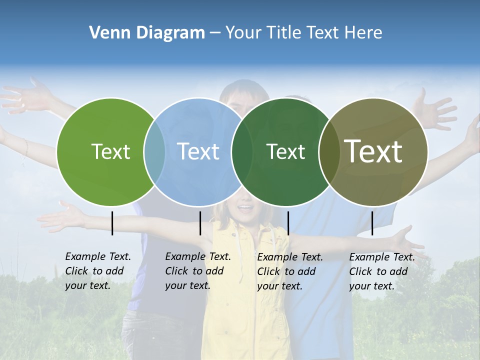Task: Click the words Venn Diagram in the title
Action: point(147,33)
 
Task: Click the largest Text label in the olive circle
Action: point(373,151)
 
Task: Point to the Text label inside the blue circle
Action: point(198,151)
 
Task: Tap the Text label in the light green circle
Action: point(111,151)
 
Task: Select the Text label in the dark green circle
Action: point(285,151)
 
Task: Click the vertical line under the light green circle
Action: point(112,223)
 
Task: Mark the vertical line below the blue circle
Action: point(200,223)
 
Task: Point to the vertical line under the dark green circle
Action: point(288,223)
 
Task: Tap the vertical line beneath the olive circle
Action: point(372,223)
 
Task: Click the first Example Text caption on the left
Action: point(98,271)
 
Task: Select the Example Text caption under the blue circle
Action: point(198,271)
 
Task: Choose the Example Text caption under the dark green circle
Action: point(290,271)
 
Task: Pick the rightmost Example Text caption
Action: point(382,271)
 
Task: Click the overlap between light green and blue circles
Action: point(154,151)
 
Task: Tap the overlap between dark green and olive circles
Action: point(328,151)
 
